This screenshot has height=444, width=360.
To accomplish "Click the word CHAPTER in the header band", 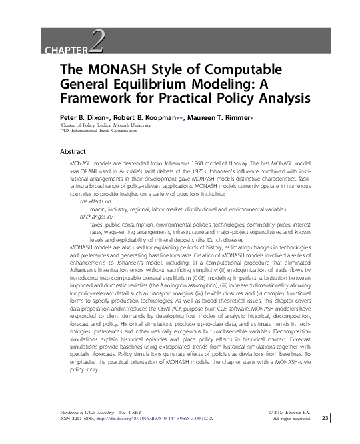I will (x=65, y=51).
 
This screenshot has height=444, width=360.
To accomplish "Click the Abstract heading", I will (x=73, y=151).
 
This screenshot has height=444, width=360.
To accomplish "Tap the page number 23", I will (x=325, y=418).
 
